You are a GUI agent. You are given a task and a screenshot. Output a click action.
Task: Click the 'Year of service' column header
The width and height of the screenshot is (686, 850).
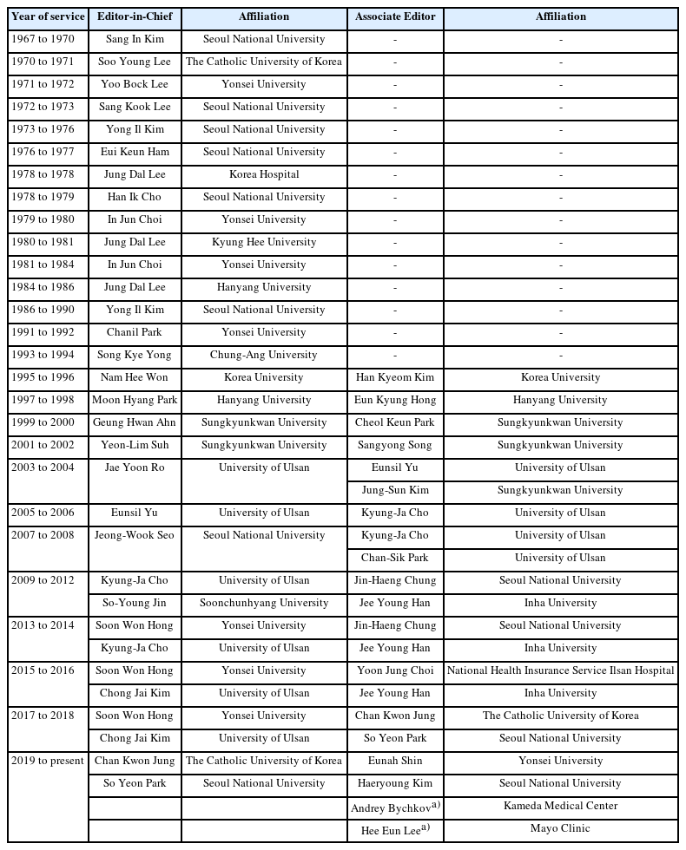(x=48, y=17)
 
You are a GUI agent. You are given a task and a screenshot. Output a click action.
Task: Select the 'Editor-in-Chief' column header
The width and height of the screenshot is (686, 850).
(x=135, y=17)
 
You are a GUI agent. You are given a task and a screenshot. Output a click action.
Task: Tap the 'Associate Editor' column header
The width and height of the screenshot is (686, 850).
(x=395, y=17)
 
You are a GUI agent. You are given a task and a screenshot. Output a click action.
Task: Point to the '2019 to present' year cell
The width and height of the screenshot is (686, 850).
(x=47, y=762)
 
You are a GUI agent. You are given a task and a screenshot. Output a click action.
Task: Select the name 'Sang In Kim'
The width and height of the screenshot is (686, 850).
(x=135, y=40)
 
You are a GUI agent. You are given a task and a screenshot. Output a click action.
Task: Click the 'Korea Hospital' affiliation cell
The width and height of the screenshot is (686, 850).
(x=263, y=175)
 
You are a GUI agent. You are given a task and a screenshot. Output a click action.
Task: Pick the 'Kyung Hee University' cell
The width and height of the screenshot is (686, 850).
(x=263, y=243)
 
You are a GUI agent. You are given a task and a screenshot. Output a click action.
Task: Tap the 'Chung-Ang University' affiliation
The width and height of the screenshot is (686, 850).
(x=263, y=356)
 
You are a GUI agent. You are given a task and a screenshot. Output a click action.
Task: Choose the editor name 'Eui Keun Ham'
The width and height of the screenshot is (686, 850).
(x=135, y=153)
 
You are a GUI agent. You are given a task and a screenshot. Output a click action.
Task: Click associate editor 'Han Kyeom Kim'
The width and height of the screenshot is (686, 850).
(x=395, y=378)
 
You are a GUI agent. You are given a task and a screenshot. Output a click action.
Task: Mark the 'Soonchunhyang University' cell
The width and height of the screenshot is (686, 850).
(x=263, y=604)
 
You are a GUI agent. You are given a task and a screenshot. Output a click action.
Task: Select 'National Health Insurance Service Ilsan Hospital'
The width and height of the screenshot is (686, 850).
(x=560, y=671)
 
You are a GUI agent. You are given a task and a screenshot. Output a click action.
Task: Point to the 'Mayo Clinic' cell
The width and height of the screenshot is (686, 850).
(x=560, y=829)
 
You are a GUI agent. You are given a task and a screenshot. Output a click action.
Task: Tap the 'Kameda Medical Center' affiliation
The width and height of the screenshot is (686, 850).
(x=560, y=807)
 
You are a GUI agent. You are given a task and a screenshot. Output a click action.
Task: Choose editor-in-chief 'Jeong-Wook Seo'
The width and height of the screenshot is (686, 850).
(x=135, y=536)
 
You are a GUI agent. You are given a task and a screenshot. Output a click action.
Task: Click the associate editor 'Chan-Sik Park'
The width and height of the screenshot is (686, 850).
(x=395, y=559)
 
